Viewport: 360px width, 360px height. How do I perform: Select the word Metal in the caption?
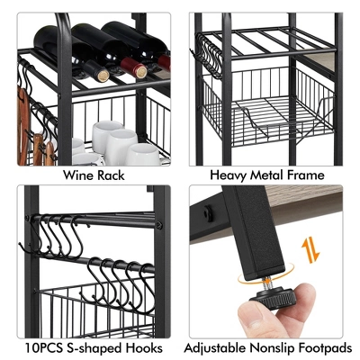(268, 176)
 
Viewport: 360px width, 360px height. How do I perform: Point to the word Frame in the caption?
(309, 176)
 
